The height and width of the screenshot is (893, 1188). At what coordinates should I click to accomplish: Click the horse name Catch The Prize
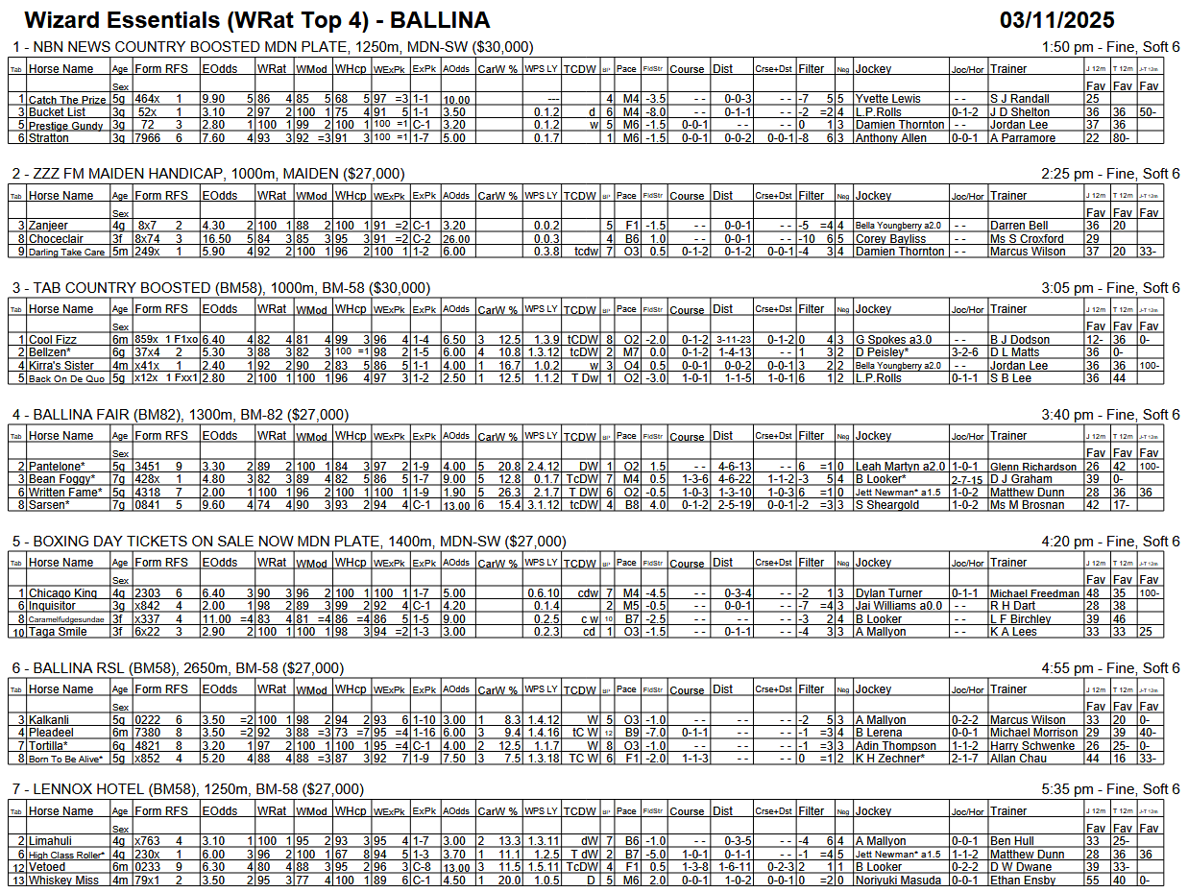[x=67, y=99]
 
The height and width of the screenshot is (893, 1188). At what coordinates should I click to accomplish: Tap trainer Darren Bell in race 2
[x=1020, y=226]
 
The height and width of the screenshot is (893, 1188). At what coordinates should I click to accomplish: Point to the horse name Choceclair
[x=61, y=239]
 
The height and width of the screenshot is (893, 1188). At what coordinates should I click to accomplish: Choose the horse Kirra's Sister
[x=61, y=366]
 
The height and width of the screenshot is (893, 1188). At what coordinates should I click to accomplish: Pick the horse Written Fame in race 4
[x=66, y=493]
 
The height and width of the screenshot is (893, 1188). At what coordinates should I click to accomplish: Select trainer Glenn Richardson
[x=1033, y=467]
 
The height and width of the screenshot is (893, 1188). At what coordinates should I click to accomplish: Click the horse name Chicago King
[x=63, y=593]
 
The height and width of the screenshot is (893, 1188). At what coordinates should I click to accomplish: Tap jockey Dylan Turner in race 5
[x=888, y=593]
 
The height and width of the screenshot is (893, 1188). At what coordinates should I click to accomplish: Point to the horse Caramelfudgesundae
[x=66, y=619]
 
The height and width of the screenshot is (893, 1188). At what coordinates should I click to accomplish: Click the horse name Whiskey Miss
[x=63, y=881]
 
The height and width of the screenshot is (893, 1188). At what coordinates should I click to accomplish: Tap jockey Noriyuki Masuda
[x=898, y=881]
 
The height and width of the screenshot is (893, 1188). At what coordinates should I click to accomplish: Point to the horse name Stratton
[x=49, y=138]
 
